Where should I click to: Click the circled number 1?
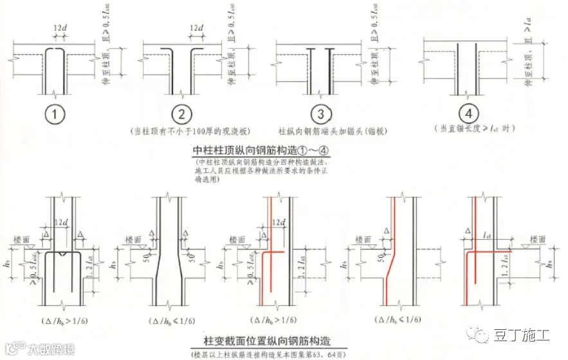(x=57, y=115)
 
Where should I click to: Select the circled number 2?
(x=182, y=115)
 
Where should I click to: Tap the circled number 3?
(x=320, y=115)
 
